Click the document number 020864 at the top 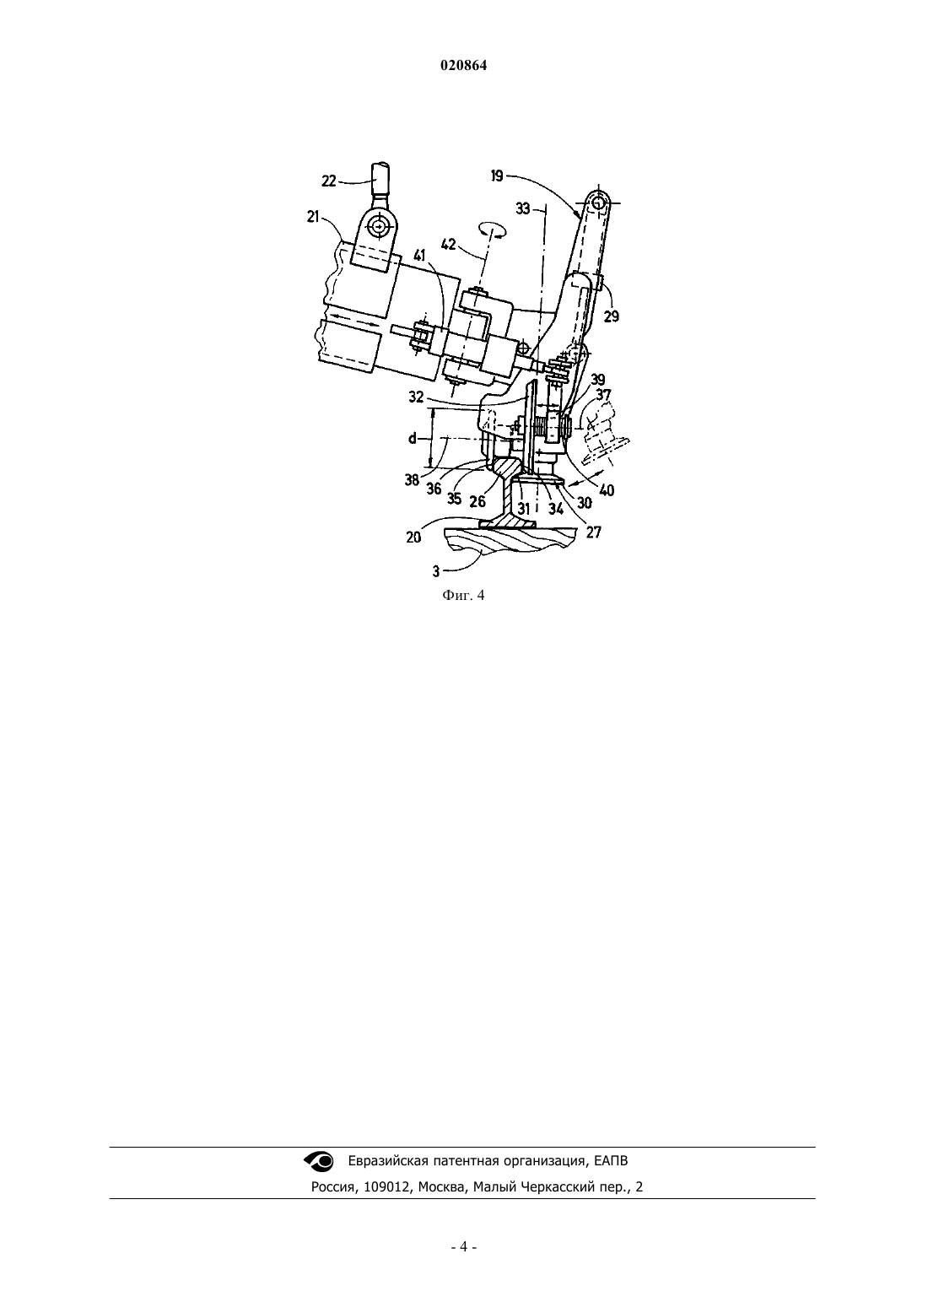pyautogui.click(x=463, y=66)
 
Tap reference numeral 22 pyautogui.click(x=329, y=181)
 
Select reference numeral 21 pyautogui.click(x=312, y=216)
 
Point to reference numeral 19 pyautogui.click(x=497, y=176)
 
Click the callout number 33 pyautogui.click(x=523, y=208)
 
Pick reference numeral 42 pyautogui.click(x=448, y=244)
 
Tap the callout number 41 pyautogui.click(x=419, y=255)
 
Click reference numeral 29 pyautogui.click(x=611, y=316)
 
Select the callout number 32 pyautogui.click(x=416, y=397)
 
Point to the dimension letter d pyautogui.click(x=413, y=437)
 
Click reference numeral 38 pyautogui.click(x=412, y=479)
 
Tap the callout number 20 pyautogui.click(x=413, y=537)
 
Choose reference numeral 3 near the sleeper pyautogui.click(x=436, y=570)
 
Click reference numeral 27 pyautogui.click(x=593, y=532)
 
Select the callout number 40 pyautogui.click(x=607, y=489)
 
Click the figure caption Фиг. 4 pyautogui.click(x=463, y=596)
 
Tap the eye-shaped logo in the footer pyautogui.click(x=319, y=1160)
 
